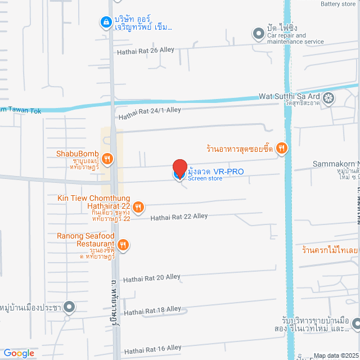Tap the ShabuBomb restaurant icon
pyautogui.click(x=107, y=160)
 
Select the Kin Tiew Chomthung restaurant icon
pyautogui.click(x=139, y=207)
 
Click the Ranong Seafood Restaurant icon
pyautogui.click(x=123, y=245)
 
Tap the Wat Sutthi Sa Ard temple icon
pyautogui.click(x=328, y=99)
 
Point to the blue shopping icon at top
pyautogui.click(x=105, y=22)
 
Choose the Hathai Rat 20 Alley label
pyautogui.click(x=152, y=277)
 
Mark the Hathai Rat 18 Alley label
pyautogui.click(x=152, y=310)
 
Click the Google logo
pyautogui.click(x=19, y=353)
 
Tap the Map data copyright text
pyautogui.click(x=335, y=355)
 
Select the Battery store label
pyautogui.click(x=337, y=4)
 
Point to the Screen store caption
pyautogui.click(x=205, y=179)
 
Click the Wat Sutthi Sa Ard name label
pyautogui.click(x=289, y=96)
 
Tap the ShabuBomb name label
pyautogui.click(x=78, y=154)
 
